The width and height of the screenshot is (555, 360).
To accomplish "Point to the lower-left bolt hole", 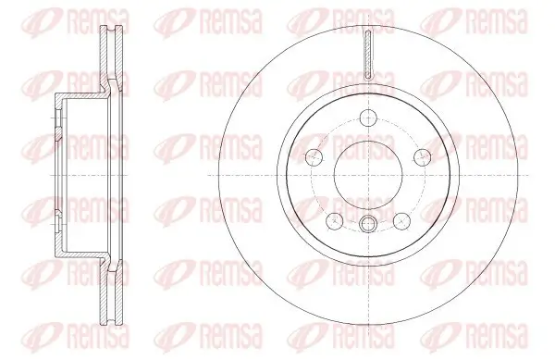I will pyautogui.click(x=334, y=219).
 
